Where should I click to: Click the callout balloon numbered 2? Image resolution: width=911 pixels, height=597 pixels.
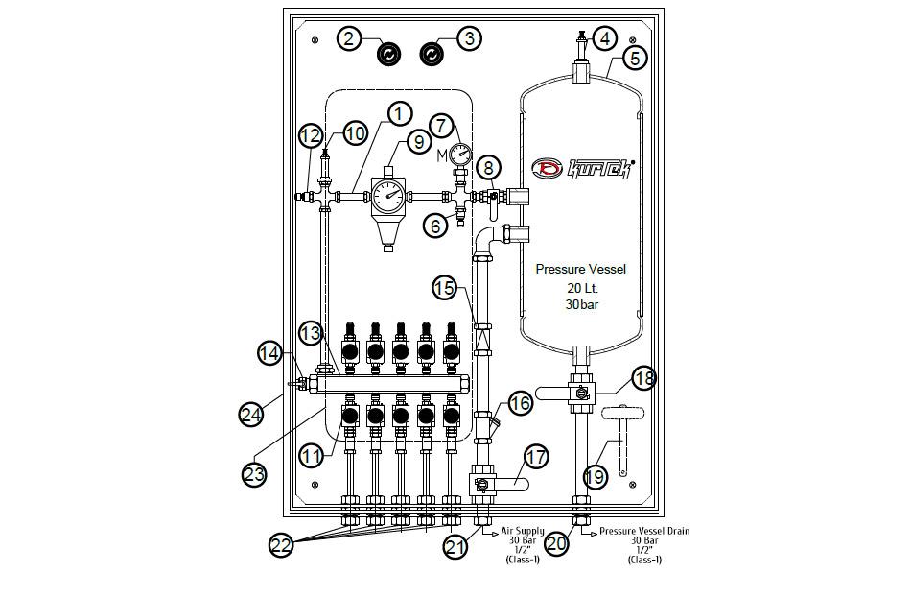point(350,38)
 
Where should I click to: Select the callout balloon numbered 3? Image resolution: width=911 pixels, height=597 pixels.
point(468,38)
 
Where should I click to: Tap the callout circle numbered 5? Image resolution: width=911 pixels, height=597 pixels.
point(634,58)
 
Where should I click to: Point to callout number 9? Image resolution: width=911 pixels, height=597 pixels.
point(418,141)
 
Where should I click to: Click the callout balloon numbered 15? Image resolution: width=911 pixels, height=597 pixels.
point(444,287)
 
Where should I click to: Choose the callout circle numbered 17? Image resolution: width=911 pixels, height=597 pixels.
point(535,457)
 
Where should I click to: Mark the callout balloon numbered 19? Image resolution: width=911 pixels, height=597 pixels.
point(595,475)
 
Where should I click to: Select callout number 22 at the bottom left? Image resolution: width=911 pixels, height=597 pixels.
point(281,545)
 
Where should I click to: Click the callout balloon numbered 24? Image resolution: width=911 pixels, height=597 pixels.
point(251,415)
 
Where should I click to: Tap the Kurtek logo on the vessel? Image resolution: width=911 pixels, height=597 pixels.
point(584,169)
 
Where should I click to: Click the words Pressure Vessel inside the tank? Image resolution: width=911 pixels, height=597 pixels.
point(580,270)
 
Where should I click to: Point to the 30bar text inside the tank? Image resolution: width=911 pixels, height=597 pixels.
point(580,305)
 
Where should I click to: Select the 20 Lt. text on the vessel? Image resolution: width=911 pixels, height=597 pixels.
point(580,288)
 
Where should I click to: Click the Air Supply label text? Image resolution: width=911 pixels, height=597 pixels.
point(523,531)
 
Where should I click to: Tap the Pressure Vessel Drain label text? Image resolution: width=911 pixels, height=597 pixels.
point(644,531)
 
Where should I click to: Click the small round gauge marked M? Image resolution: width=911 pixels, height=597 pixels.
point(460,153)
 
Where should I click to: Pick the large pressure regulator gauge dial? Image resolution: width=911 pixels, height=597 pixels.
point(388,198)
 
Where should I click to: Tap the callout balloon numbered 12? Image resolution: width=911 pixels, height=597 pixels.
point(309,135)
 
